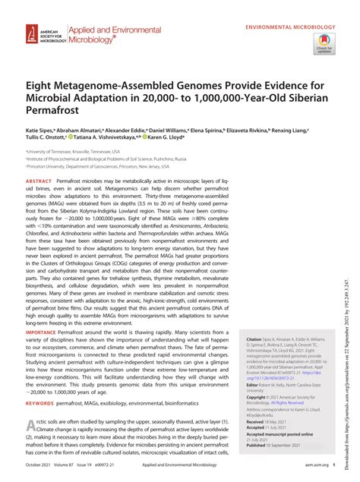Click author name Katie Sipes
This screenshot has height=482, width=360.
(x=42, y=131)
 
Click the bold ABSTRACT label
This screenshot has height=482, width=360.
(x=39, y=182)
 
